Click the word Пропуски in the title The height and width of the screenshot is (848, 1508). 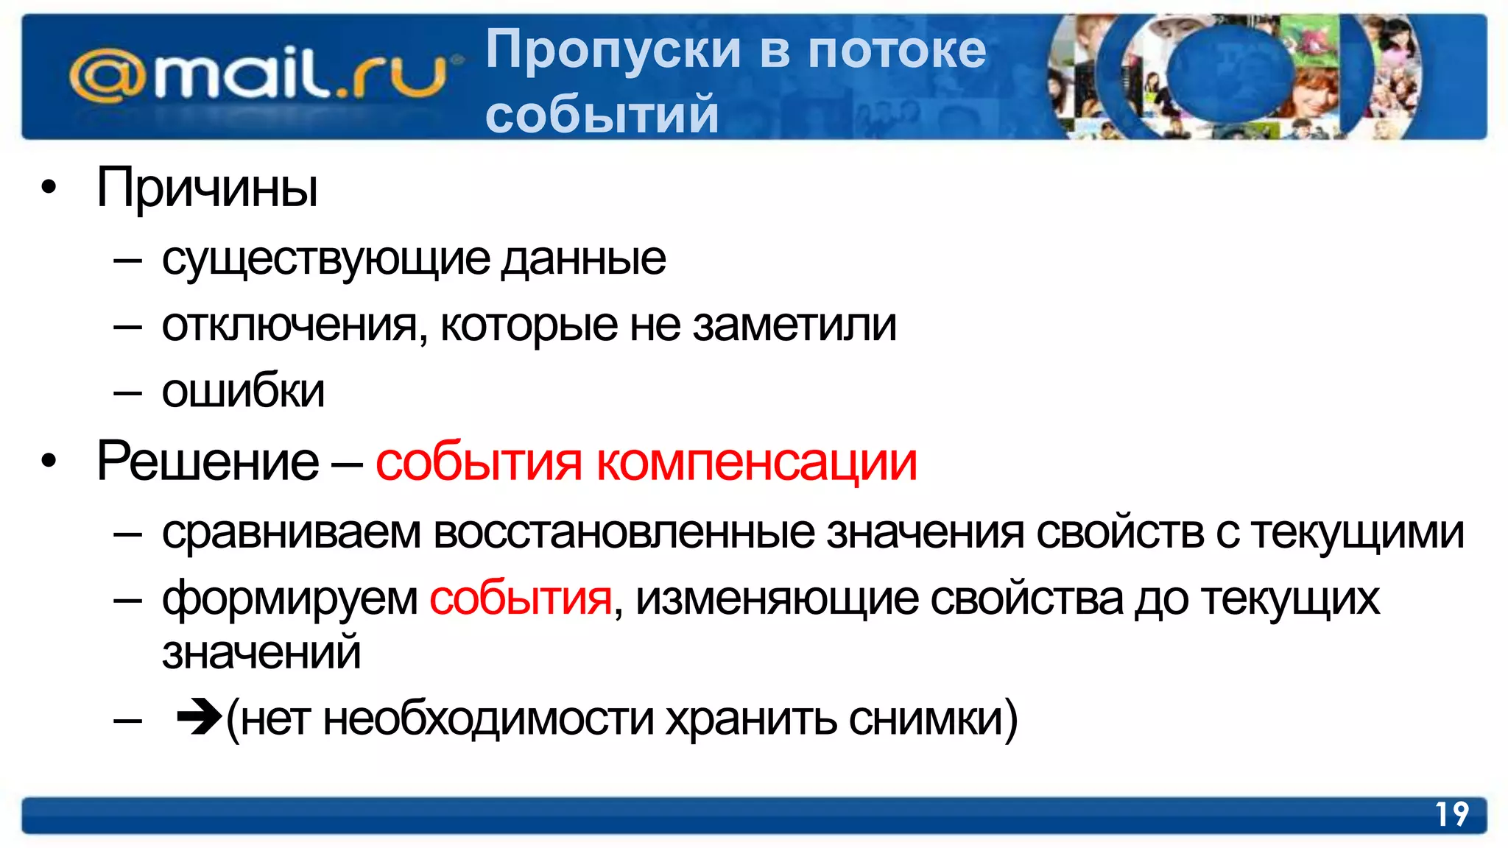click(x=613, y=50)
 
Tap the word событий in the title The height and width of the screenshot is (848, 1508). click(x=602, y=115)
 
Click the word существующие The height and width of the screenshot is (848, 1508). click(x=325, y=260)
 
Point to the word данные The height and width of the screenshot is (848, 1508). click(x=583, y=260)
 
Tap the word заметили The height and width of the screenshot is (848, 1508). click(x=794, y=325)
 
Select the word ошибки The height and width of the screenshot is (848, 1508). click(x=243, y=391)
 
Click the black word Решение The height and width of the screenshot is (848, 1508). click(x=208, y=462)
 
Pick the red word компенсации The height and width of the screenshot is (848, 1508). click(x=756, y=464)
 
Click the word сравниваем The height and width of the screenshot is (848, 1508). click(x=291, y=533)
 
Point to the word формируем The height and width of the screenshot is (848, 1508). click(x=289, y=598)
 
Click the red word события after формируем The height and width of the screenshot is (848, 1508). click(x=521, y=598)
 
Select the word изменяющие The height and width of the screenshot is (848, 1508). click(x=777, y=598)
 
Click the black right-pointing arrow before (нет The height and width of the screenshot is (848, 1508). click(x=199, y=716)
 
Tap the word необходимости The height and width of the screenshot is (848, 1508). click(x=488, y=718)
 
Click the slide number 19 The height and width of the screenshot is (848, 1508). click(x=1451, y=815)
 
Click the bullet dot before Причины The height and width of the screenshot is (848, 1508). click(x=49, y=188)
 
